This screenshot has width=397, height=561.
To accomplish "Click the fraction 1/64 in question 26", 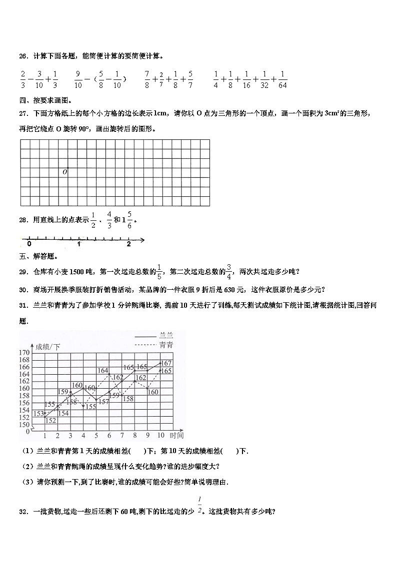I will [283, 79].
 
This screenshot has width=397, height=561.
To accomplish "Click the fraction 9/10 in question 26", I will [78, 79].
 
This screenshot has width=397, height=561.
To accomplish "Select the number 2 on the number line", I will [128, 244].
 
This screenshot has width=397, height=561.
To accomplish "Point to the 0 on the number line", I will [29, 244].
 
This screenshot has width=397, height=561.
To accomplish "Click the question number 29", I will [23, 272].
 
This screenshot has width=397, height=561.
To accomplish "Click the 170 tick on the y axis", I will [24, 353].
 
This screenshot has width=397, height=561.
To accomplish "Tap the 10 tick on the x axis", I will [160, 435].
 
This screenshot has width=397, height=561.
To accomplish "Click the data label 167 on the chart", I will [166, 363].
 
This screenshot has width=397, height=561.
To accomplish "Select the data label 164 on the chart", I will [102, 371].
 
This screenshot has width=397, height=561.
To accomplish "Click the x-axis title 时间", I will [176, 435].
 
